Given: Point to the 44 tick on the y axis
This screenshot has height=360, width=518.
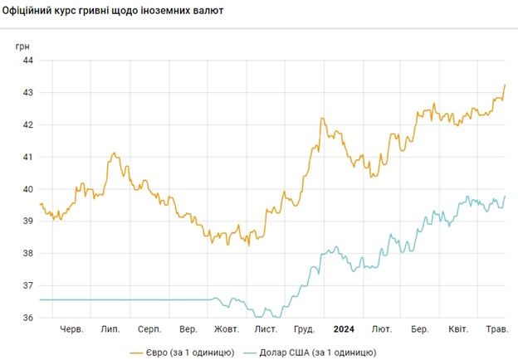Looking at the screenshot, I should (x=27, y=61).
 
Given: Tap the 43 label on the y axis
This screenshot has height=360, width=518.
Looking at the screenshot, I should (x=27, y=93).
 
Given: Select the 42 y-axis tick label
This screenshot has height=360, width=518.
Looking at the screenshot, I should (x=27, y=125).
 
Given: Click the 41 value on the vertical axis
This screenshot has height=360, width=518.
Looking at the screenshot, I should (x=27, y=157).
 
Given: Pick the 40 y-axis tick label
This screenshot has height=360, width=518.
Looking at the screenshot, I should (x=27, y=189).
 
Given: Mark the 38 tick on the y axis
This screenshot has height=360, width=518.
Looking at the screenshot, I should (x=27, y=254).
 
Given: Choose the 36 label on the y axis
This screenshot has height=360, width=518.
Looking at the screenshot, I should (x=27, y=318).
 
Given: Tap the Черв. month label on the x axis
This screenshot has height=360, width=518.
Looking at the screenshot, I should (x=72, y=329).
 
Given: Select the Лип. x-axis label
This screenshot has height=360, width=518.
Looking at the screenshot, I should (x=110, y=329).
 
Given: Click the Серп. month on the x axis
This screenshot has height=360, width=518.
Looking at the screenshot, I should (x=149, y=329).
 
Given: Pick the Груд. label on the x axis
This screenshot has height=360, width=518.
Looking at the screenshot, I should (x=303, y=329).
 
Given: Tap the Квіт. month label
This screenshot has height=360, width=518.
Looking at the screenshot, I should (x=459, y=329).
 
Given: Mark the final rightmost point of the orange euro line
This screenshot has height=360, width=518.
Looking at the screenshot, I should (x=506, y=85).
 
